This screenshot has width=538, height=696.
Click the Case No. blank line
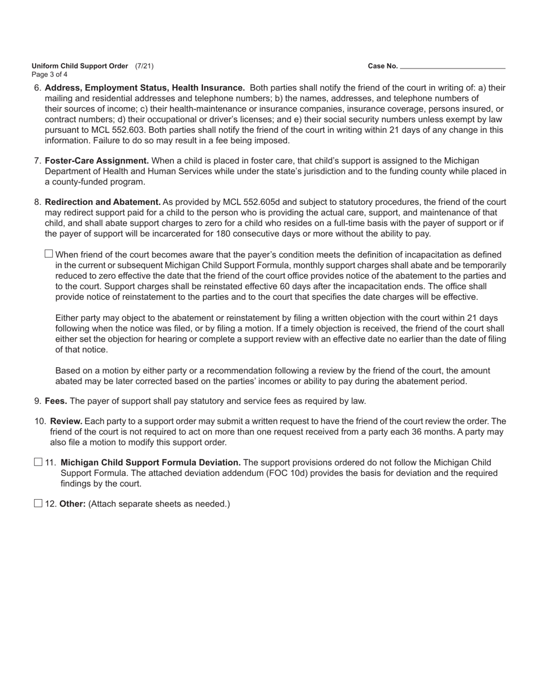[452, 66]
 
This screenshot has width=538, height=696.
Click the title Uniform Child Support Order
[80, 66]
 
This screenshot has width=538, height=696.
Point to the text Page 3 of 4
[50, 75]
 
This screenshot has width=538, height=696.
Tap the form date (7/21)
[144, 66]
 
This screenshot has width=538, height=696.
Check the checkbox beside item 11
[38, 462]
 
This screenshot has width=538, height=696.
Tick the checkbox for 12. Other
[38, 503]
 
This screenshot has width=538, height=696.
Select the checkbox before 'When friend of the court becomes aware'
[49, 254]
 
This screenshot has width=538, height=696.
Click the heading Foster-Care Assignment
[97, 161]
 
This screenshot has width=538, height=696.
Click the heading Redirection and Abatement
[103, 202]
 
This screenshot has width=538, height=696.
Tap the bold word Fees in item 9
[56, 401]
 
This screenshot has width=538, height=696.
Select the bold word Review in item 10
[66, 422]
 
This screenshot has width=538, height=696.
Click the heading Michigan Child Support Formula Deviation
[151, 463]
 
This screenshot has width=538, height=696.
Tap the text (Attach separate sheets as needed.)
[159, 504]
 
